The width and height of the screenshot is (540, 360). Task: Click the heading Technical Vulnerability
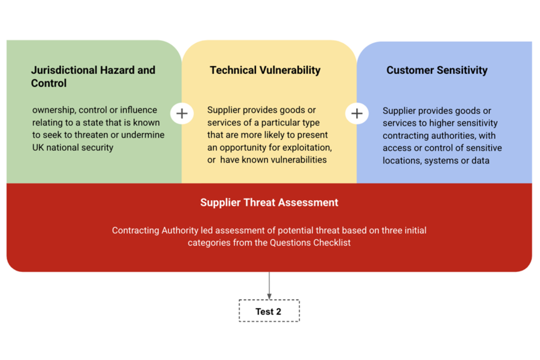point(265,70)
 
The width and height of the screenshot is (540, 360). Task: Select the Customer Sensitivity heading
point(436,70)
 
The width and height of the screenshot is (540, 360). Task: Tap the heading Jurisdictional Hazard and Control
point(93,76)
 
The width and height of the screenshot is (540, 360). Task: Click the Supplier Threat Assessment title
point(269,202)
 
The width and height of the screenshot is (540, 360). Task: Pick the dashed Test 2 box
point(269,311)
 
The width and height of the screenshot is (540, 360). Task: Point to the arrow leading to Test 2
point(269,286)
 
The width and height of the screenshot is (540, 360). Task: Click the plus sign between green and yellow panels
point(182,113)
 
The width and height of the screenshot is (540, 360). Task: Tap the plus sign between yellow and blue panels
point(357,113)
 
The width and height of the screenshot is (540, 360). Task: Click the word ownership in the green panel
point(54,110)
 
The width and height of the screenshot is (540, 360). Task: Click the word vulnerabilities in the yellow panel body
point(298,160)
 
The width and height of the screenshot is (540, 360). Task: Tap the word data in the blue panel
point(480,161)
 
